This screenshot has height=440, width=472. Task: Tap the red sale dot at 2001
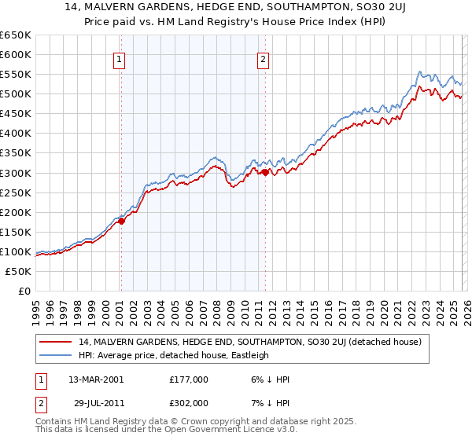pyautogui.click(x=121, y=222)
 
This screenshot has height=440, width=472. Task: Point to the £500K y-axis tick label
pyautogui.click(x=16, y=94)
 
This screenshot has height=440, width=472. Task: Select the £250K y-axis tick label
pyautogui.click(x=16, y=192)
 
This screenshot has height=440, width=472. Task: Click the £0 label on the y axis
pyautogui.click(x=25, y=291)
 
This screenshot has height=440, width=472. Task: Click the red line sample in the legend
pyautogui.click(x=56, y=342)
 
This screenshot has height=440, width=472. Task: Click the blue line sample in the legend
pyautogui.click(x=56, y=355)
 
